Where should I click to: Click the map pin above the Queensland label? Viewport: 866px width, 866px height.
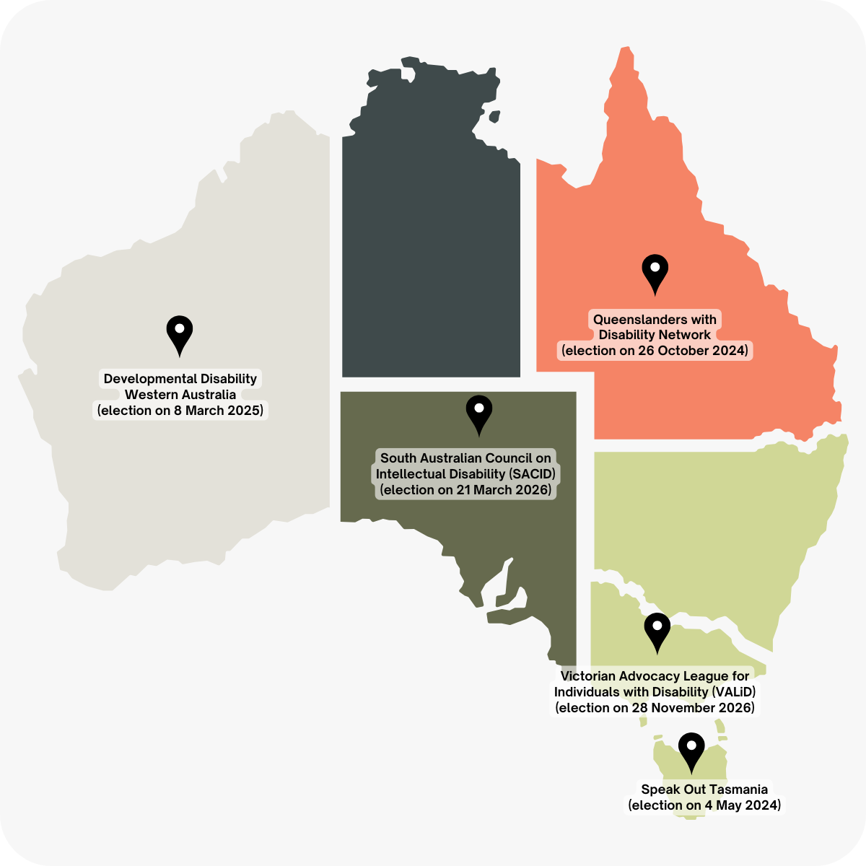655,271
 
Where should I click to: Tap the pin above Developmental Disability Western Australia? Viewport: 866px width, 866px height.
180,333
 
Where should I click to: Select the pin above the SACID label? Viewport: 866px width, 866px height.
479,411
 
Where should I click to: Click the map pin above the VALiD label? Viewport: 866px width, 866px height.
657,629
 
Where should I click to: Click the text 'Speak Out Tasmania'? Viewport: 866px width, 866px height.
704,790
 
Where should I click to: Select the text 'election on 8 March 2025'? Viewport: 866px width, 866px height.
180,411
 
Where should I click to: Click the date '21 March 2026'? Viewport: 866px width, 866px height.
502,490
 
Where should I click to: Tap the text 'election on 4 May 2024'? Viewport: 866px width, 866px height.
704,805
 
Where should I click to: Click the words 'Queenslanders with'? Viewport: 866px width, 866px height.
655,319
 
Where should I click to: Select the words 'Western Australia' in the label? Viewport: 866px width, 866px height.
180,395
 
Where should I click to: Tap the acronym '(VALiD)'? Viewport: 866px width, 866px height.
734,692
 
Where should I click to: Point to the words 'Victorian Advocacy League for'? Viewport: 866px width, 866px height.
655,676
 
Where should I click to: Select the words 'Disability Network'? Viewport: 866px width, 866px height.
655,335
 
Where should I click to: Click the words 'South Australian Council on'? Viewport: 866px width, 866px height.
465,458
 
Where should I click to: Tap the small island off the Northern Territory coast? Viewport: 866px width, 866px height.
494,116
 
